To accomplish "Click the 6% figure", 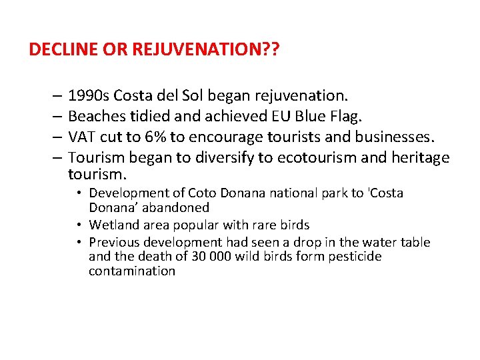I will [155, 138].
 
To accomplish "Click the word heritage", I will [418, 158].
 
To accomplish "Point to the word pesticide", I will [355, 257].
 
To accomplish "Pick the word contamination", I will [132, 271].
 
